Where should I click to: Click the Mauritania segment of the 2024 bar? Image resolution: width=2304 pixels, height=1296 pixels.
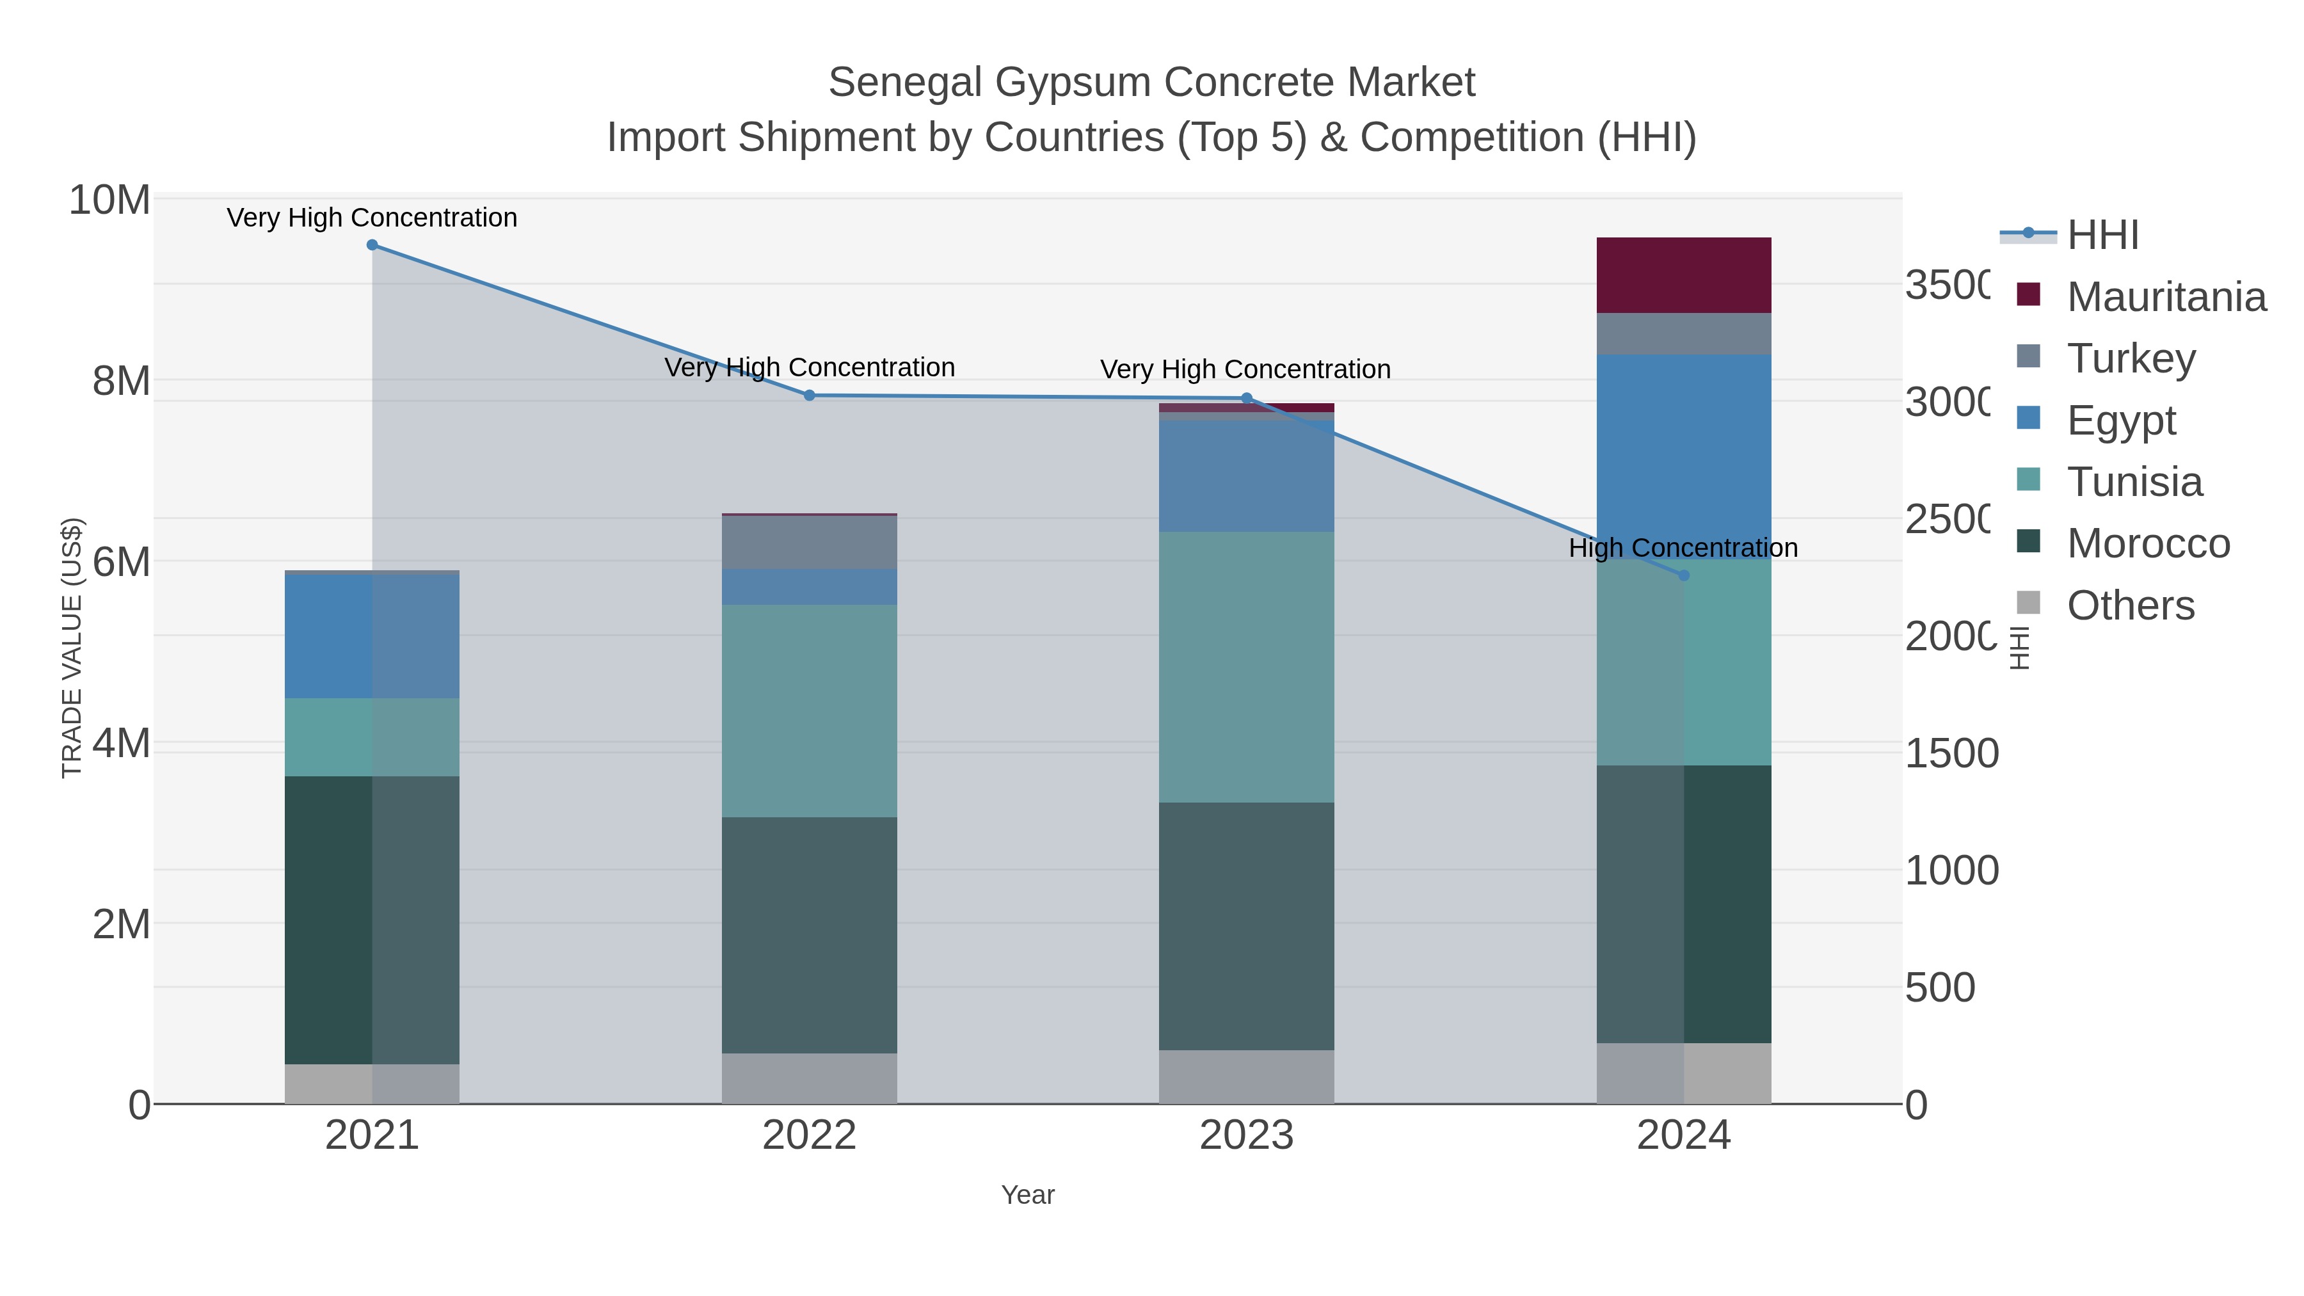tap(1683, 275)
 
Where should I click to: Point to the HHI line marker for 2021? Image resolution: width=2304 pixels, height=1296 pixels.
tap(372, 245)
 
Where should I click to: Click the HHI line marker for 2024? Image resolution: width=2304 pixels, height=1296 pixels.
tap(1683, 575)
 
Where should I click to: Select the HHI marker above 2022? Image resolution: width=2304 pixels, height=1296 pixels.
tap(810, 396)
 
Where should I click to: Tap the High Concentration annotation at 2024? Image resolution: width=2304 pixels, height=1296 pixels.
tap(1683, 547)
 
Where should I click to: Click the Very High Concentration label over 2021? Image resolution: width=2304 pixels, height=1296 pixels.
tap(371, 218)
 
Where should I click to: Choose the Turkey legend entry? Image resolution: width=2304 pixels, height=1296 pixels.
tap(2131, 358)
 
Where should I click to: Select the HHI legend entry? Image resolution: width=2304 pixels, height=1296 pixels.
tap(2102, 234)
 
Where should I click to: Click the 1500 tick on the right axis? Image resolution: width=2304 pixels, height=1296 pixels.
tap(1951, 753)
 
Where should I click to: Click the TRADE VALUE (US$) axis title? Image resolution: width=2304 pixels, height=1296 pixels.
tap(72, 648)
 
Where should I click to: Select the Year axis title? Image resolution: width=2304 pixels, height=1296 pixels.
tap(1028, 1195)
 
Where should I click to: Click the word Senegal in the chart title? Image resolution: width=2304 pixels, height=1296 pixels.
tap(904, 83)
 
